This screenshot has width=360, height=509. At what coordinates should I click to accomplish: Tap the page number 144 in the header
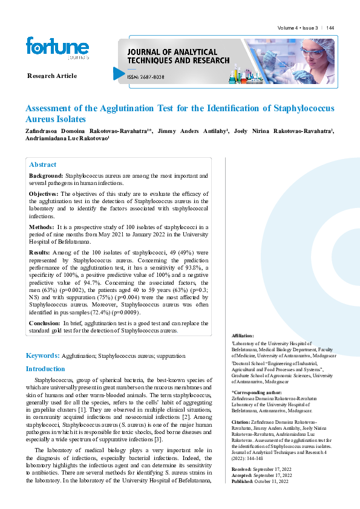tap(330, 28)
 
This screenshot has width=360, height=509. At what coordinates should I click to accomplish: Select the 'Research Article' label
tap(52, 76)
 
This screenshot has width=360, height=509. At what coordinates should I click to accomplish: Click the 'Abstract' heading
tap(43, 164)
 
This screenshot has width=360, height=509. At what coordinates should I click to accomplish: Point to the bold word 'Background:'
tap(46, 175)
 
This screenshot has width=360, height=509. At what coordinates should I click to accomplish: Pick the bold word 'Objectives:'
tap(44, 193)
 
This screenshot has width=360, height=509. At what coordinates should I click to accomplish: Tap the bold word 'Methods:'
tap(42, 227)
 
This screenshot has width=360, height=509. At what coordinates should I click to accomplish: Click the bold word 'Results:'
tap(40, 251)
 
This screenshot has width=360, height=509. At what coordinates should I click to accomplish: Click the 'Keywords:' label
tap(42, 357)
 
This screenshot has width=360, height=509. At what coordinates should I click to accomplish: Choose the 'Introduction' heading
tap(45, 369)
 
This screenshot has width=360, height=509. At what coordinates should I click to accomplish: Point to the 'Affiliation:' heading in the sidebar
tap(243, 336)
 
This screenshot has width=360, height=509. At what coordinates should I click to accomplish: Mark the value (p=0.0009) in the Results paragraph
tap(125, 313)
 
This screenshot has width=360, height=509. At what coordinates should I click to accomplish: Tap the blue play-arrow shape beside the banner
tap(119, 74)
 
